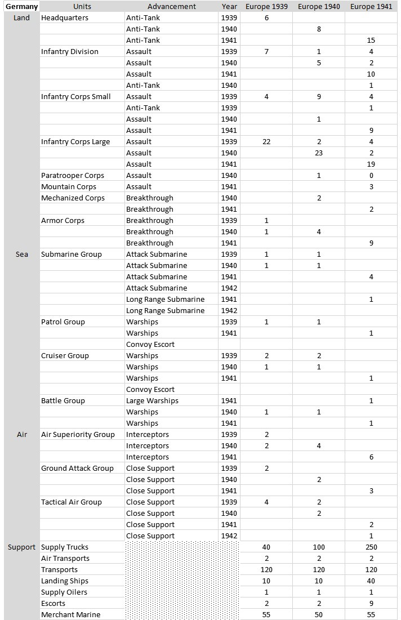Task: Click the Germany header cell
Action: [x=21, y=7]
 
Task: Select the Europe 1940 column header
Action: [x=319, y=7]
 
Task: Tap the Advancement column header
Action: [x=172, y=7]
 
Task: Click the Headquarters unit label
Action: [x=65, y=18]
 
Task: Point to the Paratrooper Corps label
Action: [x=73, y=176]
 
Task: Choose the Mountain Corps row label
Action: [x=69, y=187]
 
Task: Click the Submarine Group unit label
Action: [x=72, y=255]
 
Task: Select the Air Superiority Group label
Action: [x=78, y=435]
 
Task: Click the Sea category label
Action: [x=21, y=255]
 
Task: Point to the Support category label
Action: [x=21, y=547]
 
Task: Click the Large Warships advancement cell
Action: [x=152, y=401]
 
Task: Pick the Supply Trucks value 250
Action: [x=371, y=547]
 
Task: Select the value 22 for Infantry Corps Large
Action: [x=266, y=142]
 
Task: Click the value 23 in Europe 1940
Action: [x=319, y=153]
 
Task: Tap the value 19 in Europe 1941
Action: [x=371, y=164]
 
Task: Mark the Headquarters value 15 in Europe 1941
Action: [x=371, y=41]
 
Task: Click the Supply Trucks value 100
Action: [x=319, y=547]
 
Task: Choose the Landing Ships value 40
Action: [x=371, y=581]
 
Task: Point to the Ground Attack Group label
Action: [x=77, y=469]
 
